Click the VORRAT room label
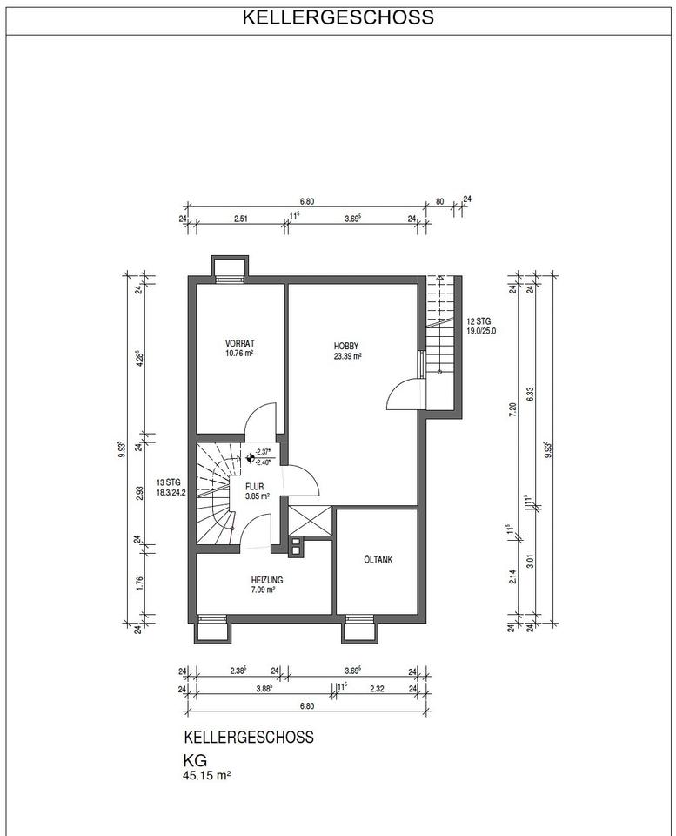coord(240,343)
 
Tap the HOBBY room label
coord(346,346)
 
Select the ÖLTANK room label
coord(378,560)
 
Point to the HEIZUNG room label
coord(267,580)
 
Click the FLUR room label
coord(254,487)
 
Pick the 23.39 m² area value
coord(348,356)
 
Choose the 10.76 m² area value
coord(239,353)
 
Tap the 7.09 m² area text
coord(263,590)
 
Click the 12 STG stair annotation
coord(479,321)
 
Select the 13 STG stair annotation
coord(168,482)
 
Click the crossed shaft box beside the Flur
coord(310,520)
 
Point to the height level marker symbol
coord(250,457)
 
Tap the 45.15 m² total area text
coord(207,775)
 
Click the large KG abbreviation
coord(195,760)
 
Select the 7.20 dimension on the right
coord(512,409)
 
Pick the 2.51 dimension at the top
coord(242,219)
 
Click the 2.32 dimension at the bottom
coord(377,689)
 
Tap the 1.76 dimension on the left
coord(139,583)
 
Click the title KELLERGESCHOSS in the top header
coord(338,17)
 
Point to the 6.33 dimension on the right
coord(530,394)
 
